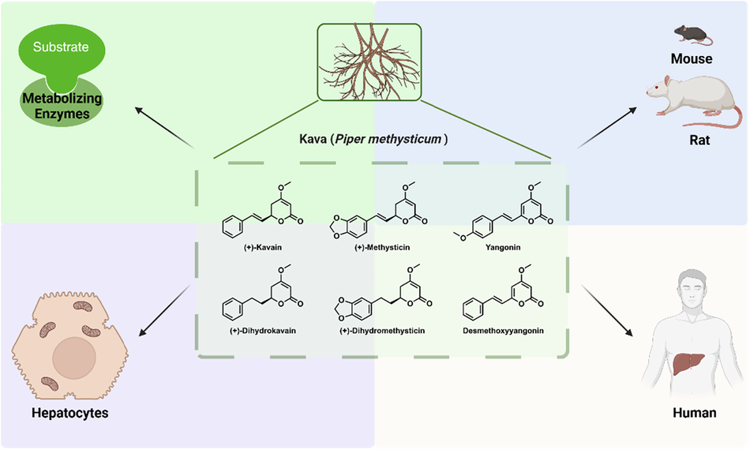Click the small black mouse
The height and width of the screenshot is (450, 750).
pyautogui.click(x=689, y=33)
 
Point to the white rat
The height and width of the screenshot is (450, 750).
pyautogui.click(x=691, y=98)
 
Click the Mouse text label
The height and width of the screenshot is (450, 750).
pyautogui.click(x=691, y=58)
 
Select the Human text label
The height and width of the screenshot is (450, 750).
pyautogui.click(x=695, y=413)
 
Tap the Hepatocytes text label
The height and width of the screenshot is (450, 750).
pyautogui.click(x=69, y=413)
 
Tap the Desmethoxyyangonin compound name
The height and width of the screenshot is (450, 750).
pyautogui.click(x=501, y=330)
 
